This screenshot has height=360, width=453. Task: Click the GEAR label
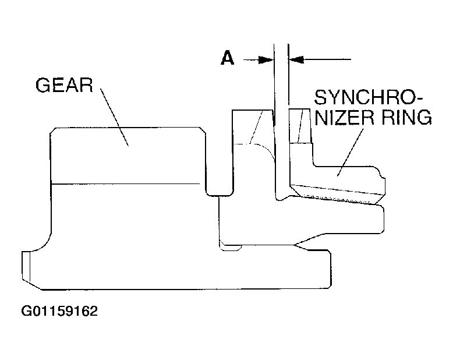[x=64, y=85]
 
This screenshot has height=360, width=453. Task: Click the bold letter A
[x=227, y=58]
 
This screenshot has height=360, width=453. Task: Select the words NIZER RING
[x=373, y=117]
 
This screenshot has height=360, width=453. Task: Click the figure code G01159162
[x=59, y=311]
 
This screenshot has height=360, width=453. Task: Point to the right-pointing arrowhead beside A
[x=266, y=60]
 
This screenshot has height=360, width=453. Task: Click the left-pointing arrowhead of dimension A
[x=296, y=59]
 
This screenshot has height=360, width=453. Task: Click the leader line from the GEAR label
[x=114, y=117]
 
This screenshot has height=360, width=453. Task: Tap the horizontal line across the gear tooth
[x=125, y=183]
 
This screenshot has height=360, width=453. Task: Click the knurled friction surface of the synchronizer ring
[x=337, y=199]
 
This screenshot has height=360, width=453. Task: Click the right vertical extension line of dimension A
[x=289, y=115]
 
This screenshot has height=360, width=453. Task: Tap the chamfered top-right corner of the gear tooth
[x=203, y=130]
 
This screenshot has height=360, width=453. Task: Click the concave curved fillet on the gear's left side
[x=43, y=243]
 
